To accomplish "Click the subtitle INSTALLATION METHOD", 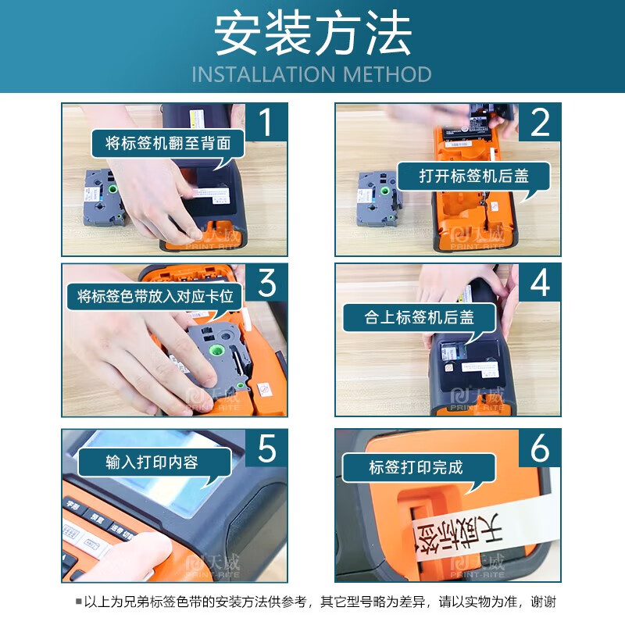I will click(312, 75).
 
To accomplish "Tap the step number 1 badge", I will click(266, 124).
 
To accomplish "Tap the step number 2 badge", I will click(539, 124).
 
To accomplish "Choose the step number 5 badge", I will click(266, 449).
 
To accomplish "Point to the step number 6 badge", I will click(539, 449).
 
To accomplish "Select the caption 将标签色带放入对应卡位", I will click(155, 297).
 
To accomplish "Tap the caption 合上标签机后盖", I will click(420, 318).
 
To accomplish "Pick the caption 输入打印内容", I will click(152, 462).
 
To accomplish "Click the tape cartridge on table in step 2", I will click(378, 198).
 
